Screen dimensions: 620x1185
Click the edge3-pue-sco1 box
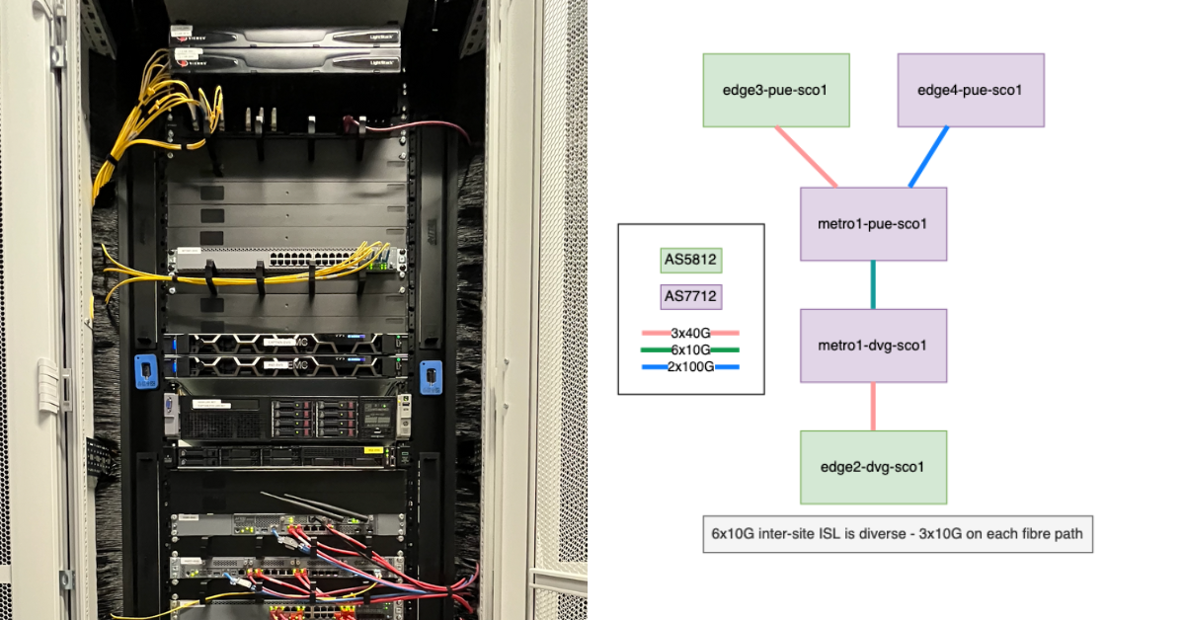tap(775, 90)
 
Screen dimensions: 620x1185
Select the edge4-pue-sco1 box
tap(970, 90)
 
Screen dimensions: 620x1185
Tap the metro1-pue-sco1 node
tap(873, 223)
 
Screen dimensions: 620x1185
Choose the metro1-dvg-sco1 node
tap(873, 346)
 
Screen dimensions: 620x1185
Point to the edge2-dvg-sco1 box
tap(873, 467)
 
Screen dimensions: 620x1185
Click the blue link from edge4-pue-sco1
tap(928, 156)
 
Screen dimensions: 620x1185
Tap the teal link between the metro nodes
tap(874, 284)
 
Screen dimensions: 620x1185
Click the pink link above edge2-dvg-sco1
tap(874, 407)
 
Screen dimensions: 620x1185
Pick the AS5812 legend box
tap(691, 261)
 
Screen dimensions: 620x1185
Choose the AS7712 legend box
tap(691, 295)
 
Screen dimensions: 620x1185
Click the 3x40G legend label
tap(690, 334)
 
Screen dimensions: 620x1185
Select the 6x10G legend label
tap(690, 349)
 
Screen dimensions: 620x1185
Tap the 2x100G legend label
tap(690, 366)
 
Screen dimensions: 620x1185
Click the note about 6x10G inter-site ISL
tap(897, 534)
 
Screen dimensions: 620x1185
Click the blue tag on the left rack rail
tap(145, 371)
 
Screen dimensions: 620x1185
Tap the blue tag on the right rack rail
tap(430, 377)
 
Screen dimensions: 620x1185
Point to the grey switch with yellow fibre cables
tap(286, 261)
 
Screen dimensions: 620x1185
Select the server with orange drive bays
tap(296, 418)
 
